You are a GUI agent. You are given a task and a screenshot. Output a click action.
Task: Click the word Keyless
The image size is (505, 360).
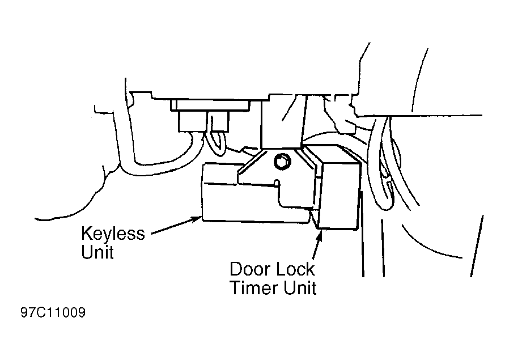click(x=113, y=234)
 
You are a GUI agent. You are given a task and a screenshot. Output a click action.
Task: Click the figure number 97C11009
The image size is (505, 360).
click(x=53, y=312)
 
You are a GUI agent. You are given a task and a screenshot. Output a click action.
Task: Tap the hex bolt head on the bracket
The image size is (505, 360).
click(x=282, y=161)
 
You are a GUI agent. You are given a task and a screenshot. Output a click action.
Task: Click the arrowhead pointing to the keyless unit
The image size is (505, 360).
click(x=195, y=219)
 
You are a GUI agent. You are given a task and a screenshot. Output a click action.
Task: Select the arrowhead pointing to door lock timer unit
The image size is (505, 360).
click(x=320, y=235)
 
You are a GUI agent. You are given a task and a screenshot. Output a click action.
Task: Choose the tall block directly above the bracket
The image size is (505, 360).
click(x=283, y=122)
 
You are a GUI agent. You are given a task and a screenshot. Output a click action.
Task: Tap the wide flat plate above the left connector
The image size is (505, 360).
click(x=211, y=105)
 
